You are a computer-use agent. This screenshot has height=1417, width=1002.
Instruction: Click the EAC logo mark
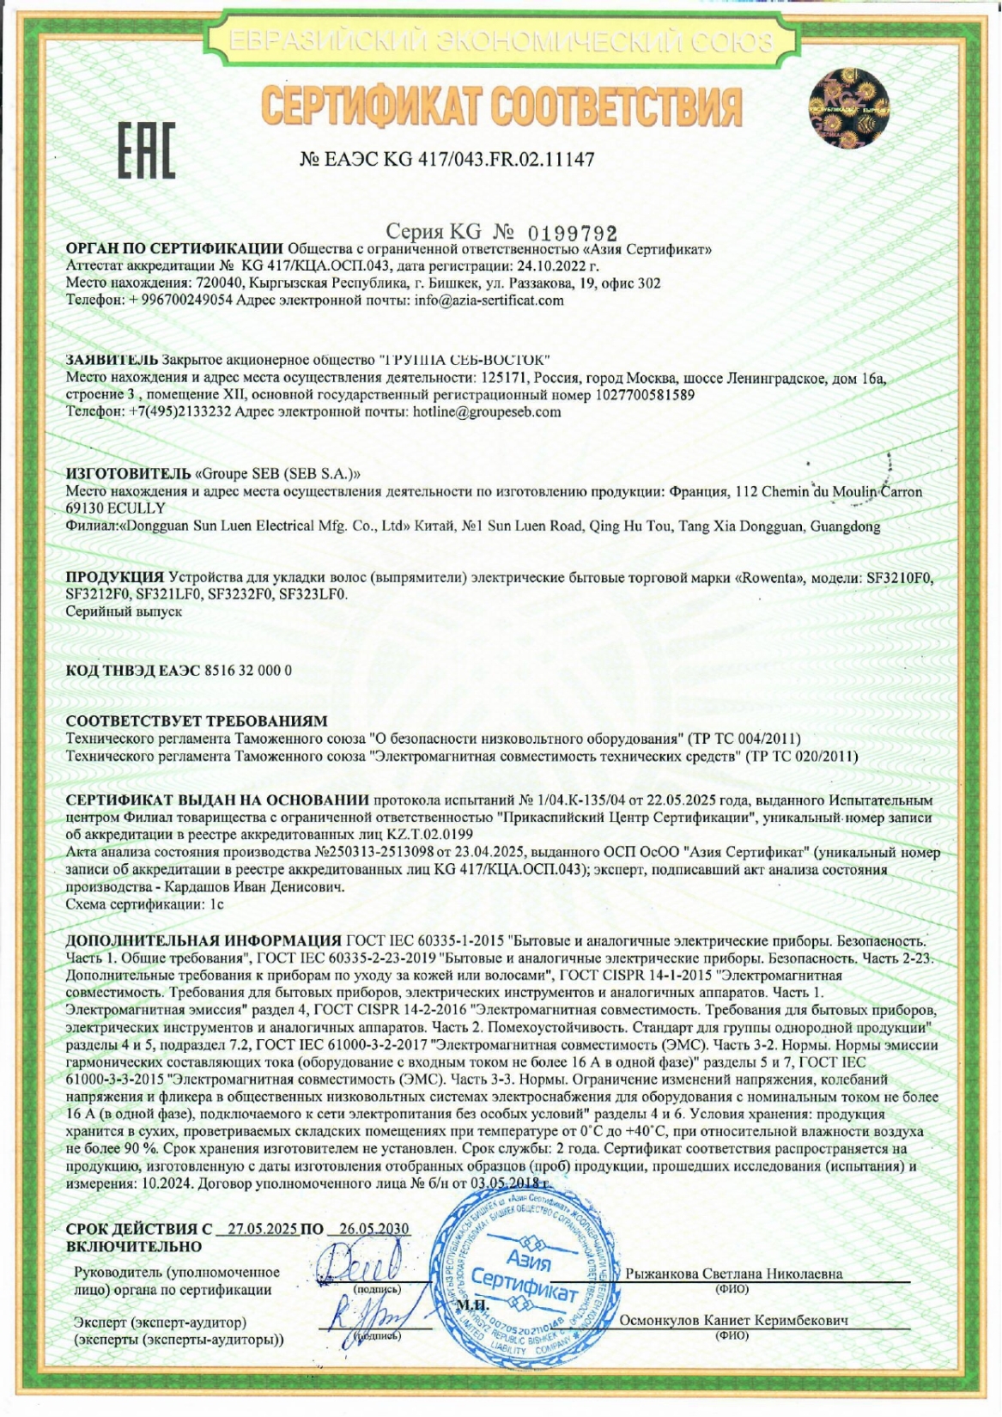(146, 150)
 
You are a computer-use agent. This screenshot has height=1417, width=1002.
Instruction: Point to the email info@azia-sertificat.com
(489, 301)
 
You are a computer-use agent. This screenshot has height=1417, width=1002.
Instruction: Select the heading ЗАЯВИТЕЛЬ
(112, 358)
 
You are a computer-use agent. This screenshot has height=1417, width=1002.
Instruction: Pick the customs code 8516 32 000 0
(248, 671)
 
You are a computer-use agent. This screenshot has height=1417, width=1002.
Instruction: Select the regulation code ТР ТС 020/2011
(803, 757)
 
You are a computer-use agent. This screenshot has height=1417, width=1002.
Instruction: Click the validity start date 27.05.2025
(258, 1228)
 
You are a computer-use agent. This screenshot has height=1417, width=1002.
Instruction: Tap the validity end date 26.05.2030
(374, 1228)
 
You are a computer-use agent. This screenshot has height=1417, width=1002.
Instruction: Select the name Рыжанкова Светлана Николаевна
(733, 1274)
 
